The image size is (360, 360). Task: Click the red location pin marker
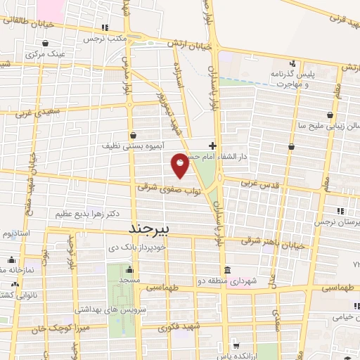(x=181, y=165)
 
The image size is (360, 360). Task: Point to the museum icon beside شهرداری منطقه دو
(x=227, y=271)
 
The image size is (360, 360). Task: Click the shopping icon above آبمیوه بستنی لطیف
(x=133, y=134)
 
